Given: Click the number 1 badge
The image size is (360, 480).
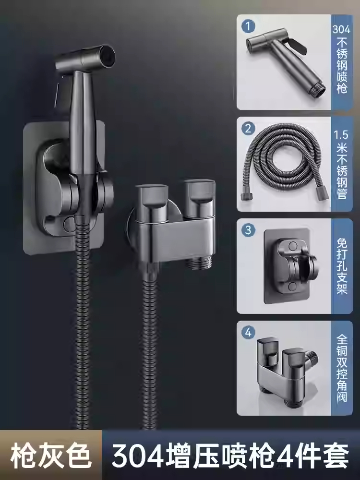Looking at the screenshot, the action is pos(248,26).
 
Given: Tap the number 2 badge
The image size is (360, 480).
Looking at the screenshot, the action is pos(248,128).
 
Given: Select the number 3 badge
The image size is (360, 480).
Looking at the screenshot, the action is pos(248,230).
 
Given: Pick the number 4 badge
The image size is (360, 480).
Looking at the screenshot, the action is pos(248,332).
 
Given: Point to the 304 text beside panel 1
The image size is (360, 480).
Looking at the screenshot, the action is pos(342,29).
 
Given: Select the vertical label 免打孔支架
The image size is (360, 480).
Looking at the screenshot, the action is pos(342,266).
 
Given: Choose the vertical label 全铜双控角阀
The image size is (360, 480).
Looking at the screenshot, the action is pos(342,368).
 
